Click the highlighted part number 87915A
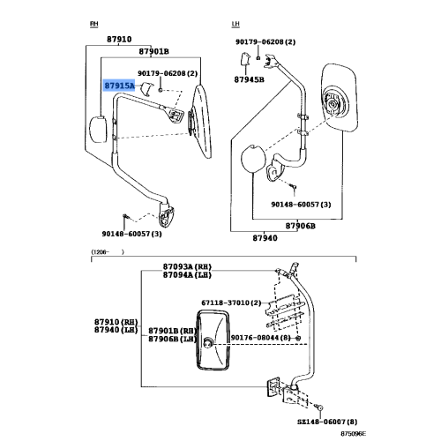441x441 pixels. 119,86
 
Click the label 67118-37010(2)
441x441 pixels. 231,303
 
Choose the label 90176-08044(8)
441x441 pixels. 261,337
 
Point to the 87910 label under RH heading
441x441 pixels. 118,40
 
